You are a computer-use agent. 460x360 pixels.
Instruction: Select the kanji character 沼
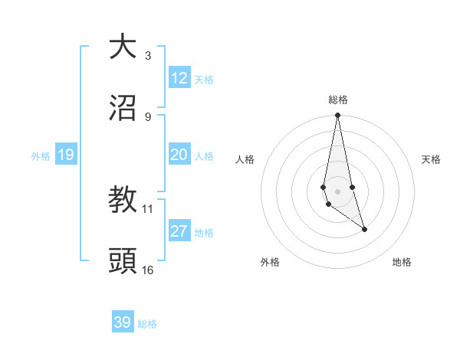(123, 109)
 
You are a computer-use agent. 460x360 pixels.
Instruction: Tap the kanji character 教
(123, 200)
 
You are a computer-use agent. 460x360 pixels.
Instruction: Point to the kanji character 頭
(123, 262)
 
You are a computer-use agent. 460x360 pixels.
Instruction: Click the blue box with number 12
(179, 78)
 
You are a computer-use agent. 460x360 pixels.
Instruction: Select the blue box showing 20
(179, 155)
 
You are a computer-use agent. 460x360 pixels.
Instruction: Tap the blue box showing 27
(179, 231)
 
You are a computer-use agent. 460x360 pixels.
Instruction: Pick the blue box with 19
(65, 155)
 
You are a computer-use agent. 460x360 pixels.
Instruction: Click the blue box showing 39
(123, 322)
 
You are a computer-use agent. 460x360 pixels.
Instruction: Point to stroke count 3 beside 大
(148, 55)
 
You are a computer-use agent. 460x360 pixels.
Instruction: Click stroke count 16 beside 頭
(148, 270)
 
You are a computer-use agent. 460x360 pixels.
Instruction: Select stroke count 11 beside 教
(148, 208)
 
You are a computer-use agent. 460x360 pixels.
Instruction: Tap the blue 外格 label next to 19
(41, 155)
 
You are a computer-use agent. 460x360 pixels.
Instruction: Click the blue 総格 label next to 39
(147, 323)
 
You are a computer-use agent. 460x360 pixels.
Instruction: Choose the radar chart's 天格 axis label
(432, 159)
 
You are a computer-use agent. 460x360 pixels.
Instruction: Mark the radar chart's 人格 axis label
(245, 159)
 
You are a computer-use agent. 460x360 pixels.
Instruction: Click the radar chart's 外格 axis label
(270, 262)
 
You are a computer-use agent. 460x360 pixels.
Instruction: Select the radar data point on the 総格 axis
(337, 116)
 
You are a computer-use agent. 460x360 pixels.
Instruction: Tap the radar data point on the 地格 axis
(364, 229)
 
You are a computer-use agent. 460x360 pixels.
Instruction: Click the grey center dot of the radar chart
(337, 191)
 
